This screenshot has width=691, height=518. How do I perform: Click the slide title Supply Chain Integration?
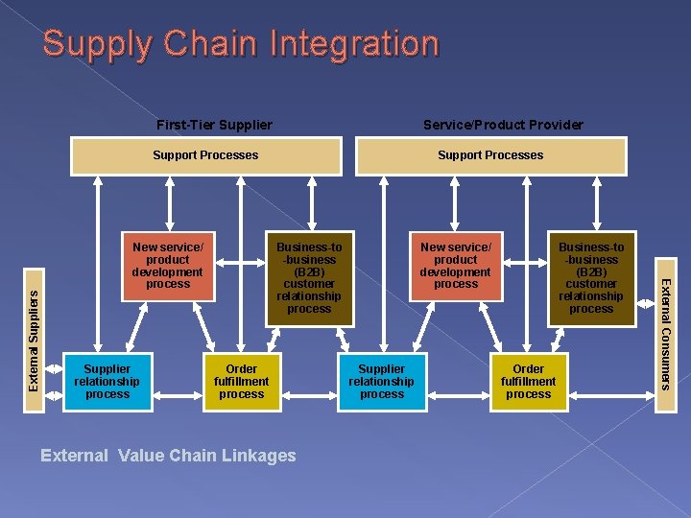[240, 43]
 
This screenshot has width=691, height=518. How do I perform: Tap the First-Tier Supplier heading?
[214, 125]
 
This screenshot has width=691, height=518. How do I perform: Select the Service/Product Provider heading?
[503, 125]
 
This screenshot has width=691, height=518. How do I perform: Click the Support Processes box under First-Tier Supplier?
[206, 155]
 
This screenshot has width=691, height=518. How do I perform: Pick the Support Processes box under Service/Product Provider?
[490, 155]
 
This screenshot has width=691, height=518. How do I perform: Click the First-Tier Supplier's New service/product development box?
[168, 266]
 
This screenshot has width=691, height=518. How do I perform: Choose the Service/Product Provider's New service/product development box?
[456, 266]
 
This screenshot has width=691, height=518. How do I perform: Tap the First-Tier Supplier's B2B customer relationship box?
[309, 278]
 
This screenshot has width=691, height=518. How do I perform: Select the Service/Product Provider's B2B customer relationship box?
[591, 278]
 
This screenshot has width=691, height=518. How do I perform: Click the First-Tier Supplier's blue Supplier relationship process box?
[107, 382]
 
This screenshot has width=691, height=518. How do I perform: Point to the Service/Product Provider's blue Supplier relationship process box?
[382, 382]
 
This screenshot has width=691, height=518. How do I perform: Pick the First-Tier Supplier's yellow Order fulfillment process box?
[241, 382]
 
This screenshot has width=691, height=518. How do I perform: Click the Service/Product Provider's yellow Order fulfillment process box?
[528, 382]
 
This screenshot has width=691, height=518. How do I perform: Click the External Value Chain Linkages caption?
[168, 456]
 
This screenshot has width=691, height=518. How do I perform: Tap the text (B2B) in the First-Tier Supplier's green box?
[309, 271]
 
